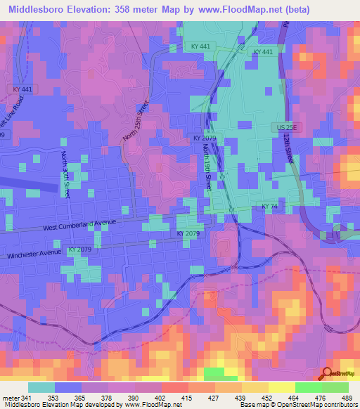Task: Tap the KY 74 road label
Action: tap(269, 206)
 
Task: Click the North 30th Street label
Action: tap(65, 174)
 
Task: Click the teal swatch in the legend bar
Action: tap(41, 387)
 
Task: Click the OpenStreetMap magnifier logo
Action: tap(327, 374)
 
